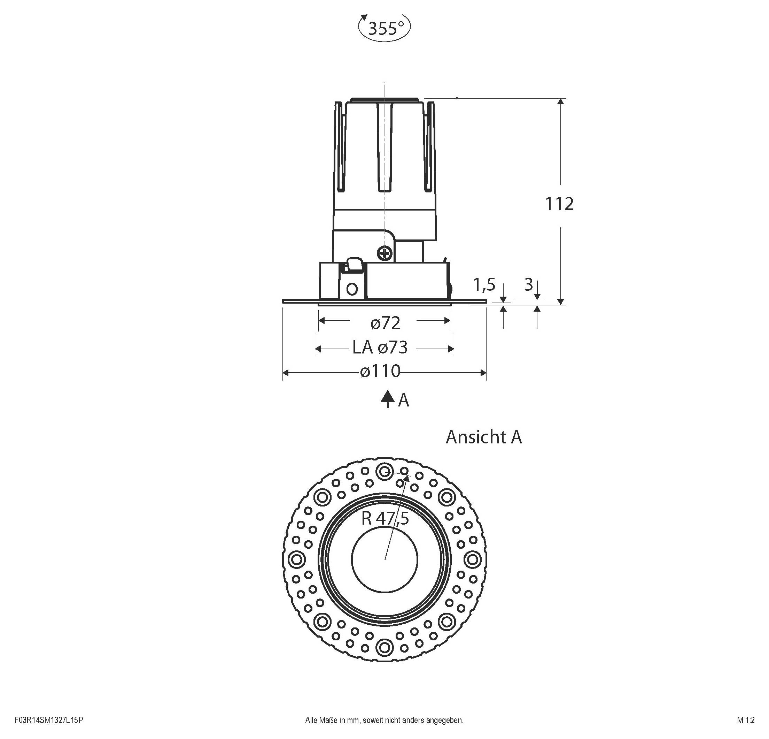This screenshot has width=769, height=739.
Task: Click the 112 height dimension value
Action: click(x=559, y=204)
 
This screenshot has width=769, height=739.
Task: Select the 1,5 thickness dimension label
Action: click(x=484, y=285)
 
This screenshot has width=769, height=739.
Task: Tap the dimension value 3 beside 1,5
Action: click(x=528, y=285)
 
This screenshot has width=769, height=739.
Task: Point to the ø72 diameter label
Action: click(x=385, y=323)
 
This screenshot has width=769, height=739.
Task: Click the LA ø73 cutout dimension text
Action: click(x=380, y=348)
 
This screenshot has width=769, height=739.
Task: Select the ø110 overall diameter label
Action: click(x=380, y=371)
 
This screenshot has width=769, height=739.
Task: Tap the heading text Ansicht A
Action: click(x=483, y=437)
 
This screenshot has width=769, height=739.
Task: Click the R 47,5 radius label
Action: click(x=385, y=519)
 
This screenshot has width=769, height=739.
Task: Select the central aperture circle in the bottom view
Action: click(x=384, y=559)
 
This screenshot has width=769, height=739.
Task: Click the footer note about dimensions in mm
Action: click(x=384, y=720)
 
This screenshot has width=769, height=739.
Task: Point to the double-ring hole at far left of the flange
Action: click(x=297, y=559)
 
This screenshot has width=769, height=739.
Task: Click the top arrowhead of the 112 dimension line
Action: click(x=561, y=102)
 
